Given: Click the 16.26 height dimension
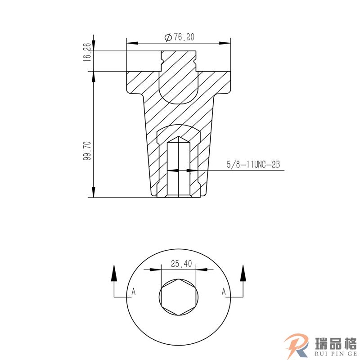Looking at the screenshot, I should click(x=87, y=52).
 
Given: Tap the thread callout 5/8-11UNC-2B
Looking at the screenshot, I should click(x=253, y=165).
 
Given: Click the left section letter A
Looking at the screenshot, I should click(x=133, y=292).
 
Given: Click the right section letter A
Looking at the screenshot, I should click(x=224, y=292).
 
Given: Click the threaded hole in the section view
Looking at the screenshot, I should click(x=179, y=171).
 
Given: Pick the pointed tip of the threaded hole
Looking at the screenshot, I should click(x=179, y=137).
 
